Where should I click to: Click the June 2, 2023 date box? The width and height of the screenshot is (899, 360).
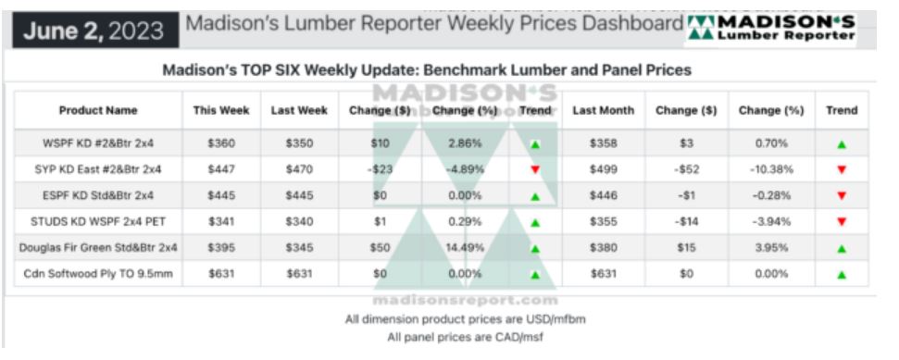click(x=95, y=31)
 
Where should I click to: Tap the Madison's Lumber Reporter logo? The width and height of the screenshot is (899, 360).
click(x=771, y=29)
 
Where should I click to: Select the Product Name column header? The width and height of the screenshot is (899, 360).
click(x=98, y=110)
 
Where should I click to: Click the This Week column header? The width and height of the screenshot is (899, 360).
click(x=221, y=110)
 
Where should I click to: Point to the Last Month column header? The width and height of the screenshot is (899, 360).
click(x=603, y=110)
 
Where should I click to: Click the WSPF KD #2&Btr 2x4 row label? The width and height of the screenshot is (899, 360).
click(x=98, y=143)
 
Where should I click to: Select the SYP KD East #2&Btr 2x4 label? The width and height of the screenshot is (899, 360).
click(x=98, y=169)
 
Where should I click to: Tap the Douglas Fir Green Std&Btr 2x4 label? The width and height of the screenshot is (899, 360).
click(x=98, y=248)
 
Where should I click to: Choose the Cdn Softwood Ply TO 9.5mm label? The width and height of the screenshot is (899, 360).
click(x=98, y=274)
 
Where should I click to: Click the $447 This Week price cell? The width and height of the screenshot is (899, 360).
click(x=221, y=169)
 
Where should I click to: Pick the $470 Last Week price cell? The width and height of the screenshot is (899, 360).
click(x=299, y=169)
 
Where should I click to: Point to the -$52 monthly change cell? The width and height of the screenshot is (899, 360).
click(x=686, y=169)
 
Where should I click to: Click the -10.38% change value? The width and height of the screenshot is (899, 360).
click(x=771, y=169)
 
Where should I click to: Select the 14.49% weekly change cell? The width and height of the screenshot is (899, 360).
click(x=465, y=248)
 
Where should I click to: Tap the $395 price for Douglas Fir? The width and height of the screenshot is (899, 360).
click(x=221, y=248)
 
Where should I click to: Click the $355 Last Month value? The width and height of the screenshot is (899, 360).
click(x=603, y=221)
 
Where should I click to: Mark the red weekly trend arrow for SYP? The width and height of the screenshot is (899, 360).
click(x=535, y=169)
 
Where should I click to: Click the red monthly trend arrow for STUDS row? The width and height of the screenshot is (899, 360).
click(x=842, y=222)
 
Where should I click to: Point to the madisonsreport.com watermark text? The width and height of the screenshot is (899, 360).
click(x=465, y=301)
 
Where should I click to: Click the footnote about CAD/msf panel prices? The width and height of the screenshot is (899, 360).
click(x=465, y=337)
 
